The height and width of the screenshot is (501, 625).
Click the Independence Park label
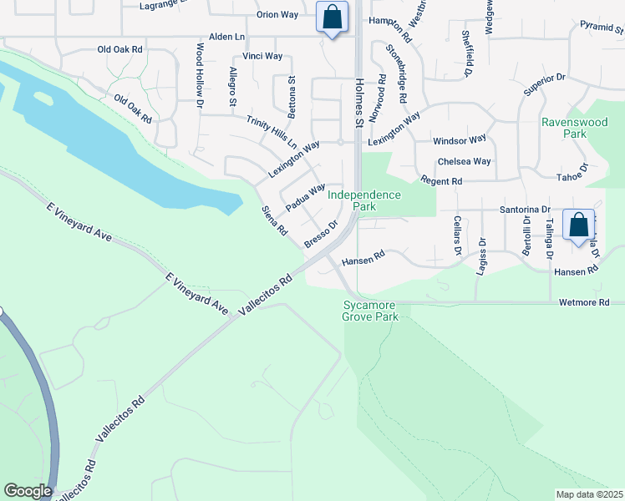[363, 200]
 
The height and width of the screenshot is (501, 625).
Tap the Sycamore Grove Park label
[369, 311]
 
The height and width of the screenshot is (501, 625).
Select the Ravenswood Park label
[574, 127]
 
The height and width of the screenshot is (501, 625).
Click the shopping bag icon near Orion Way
[333, 17]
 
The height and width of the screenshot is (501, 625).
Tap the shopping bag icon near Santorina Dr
[578, 225]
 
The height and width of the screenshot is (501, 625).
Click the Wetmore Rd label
[592, 302]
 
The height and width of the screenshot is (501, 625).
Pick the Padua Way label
[305, 198]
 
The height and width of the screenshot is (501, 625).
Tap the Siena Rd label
[275, 220]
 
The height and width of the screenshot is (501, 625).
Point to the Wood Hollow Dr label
[201, 76]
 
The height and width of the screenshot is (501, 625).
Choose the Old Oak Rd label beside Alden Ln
[120, 50]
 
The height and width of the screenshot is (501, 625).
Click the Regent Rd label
[441, 181]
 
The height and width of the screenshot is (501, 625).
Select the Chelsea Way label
[464, 161]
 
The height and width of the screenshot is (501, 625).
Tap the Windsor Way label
[459, 140]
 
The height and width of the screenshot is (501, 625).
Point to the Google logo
[28, 491]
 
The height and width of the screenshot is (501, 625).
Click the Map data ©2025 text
[589, 494]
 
